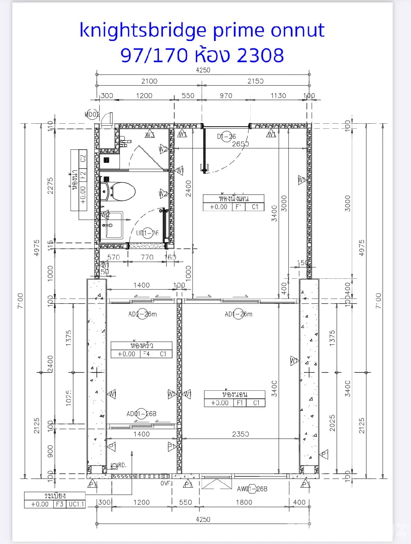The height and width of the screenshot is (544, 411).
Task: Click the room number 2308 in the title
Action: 260,55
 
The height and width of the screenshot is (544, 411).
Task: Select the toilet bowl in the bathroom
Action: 122,191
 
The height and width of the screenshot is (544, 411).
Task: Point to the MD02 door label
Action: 92,115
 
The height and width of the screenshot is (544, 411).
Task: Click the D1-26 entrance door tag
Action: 227,136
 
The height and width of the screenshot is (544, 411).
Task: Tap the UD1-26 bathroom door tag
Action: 147,233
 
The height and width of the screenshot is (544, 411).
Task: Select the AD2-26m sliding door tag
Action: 142,314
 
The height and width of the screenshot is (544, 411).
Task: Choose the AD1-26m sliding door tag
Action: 238,314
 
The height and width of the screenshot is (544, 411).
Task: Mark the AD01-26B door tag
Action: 141,413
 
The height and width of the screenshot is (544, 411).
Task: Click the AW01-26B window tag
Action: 252,489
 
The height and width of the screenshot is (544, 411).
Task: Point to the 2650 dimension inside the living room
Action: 240,144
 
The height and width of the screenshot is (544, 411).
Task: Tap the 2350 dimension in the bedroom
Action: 240,434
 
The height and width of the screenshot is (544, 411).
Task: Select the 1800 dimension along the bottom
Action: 244,502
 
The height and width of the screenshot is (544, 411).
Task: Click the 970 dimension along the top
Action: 226,95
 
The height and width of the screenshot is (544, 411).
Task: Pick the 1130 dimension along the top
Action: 278,95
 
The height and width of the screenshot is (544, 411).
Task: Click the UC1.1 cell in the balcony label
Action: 76,504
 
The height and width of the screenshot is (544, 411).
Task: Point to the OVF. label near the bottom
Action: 166,483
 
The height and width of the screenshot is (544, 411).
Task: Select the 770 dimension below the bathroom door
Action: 147,257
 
